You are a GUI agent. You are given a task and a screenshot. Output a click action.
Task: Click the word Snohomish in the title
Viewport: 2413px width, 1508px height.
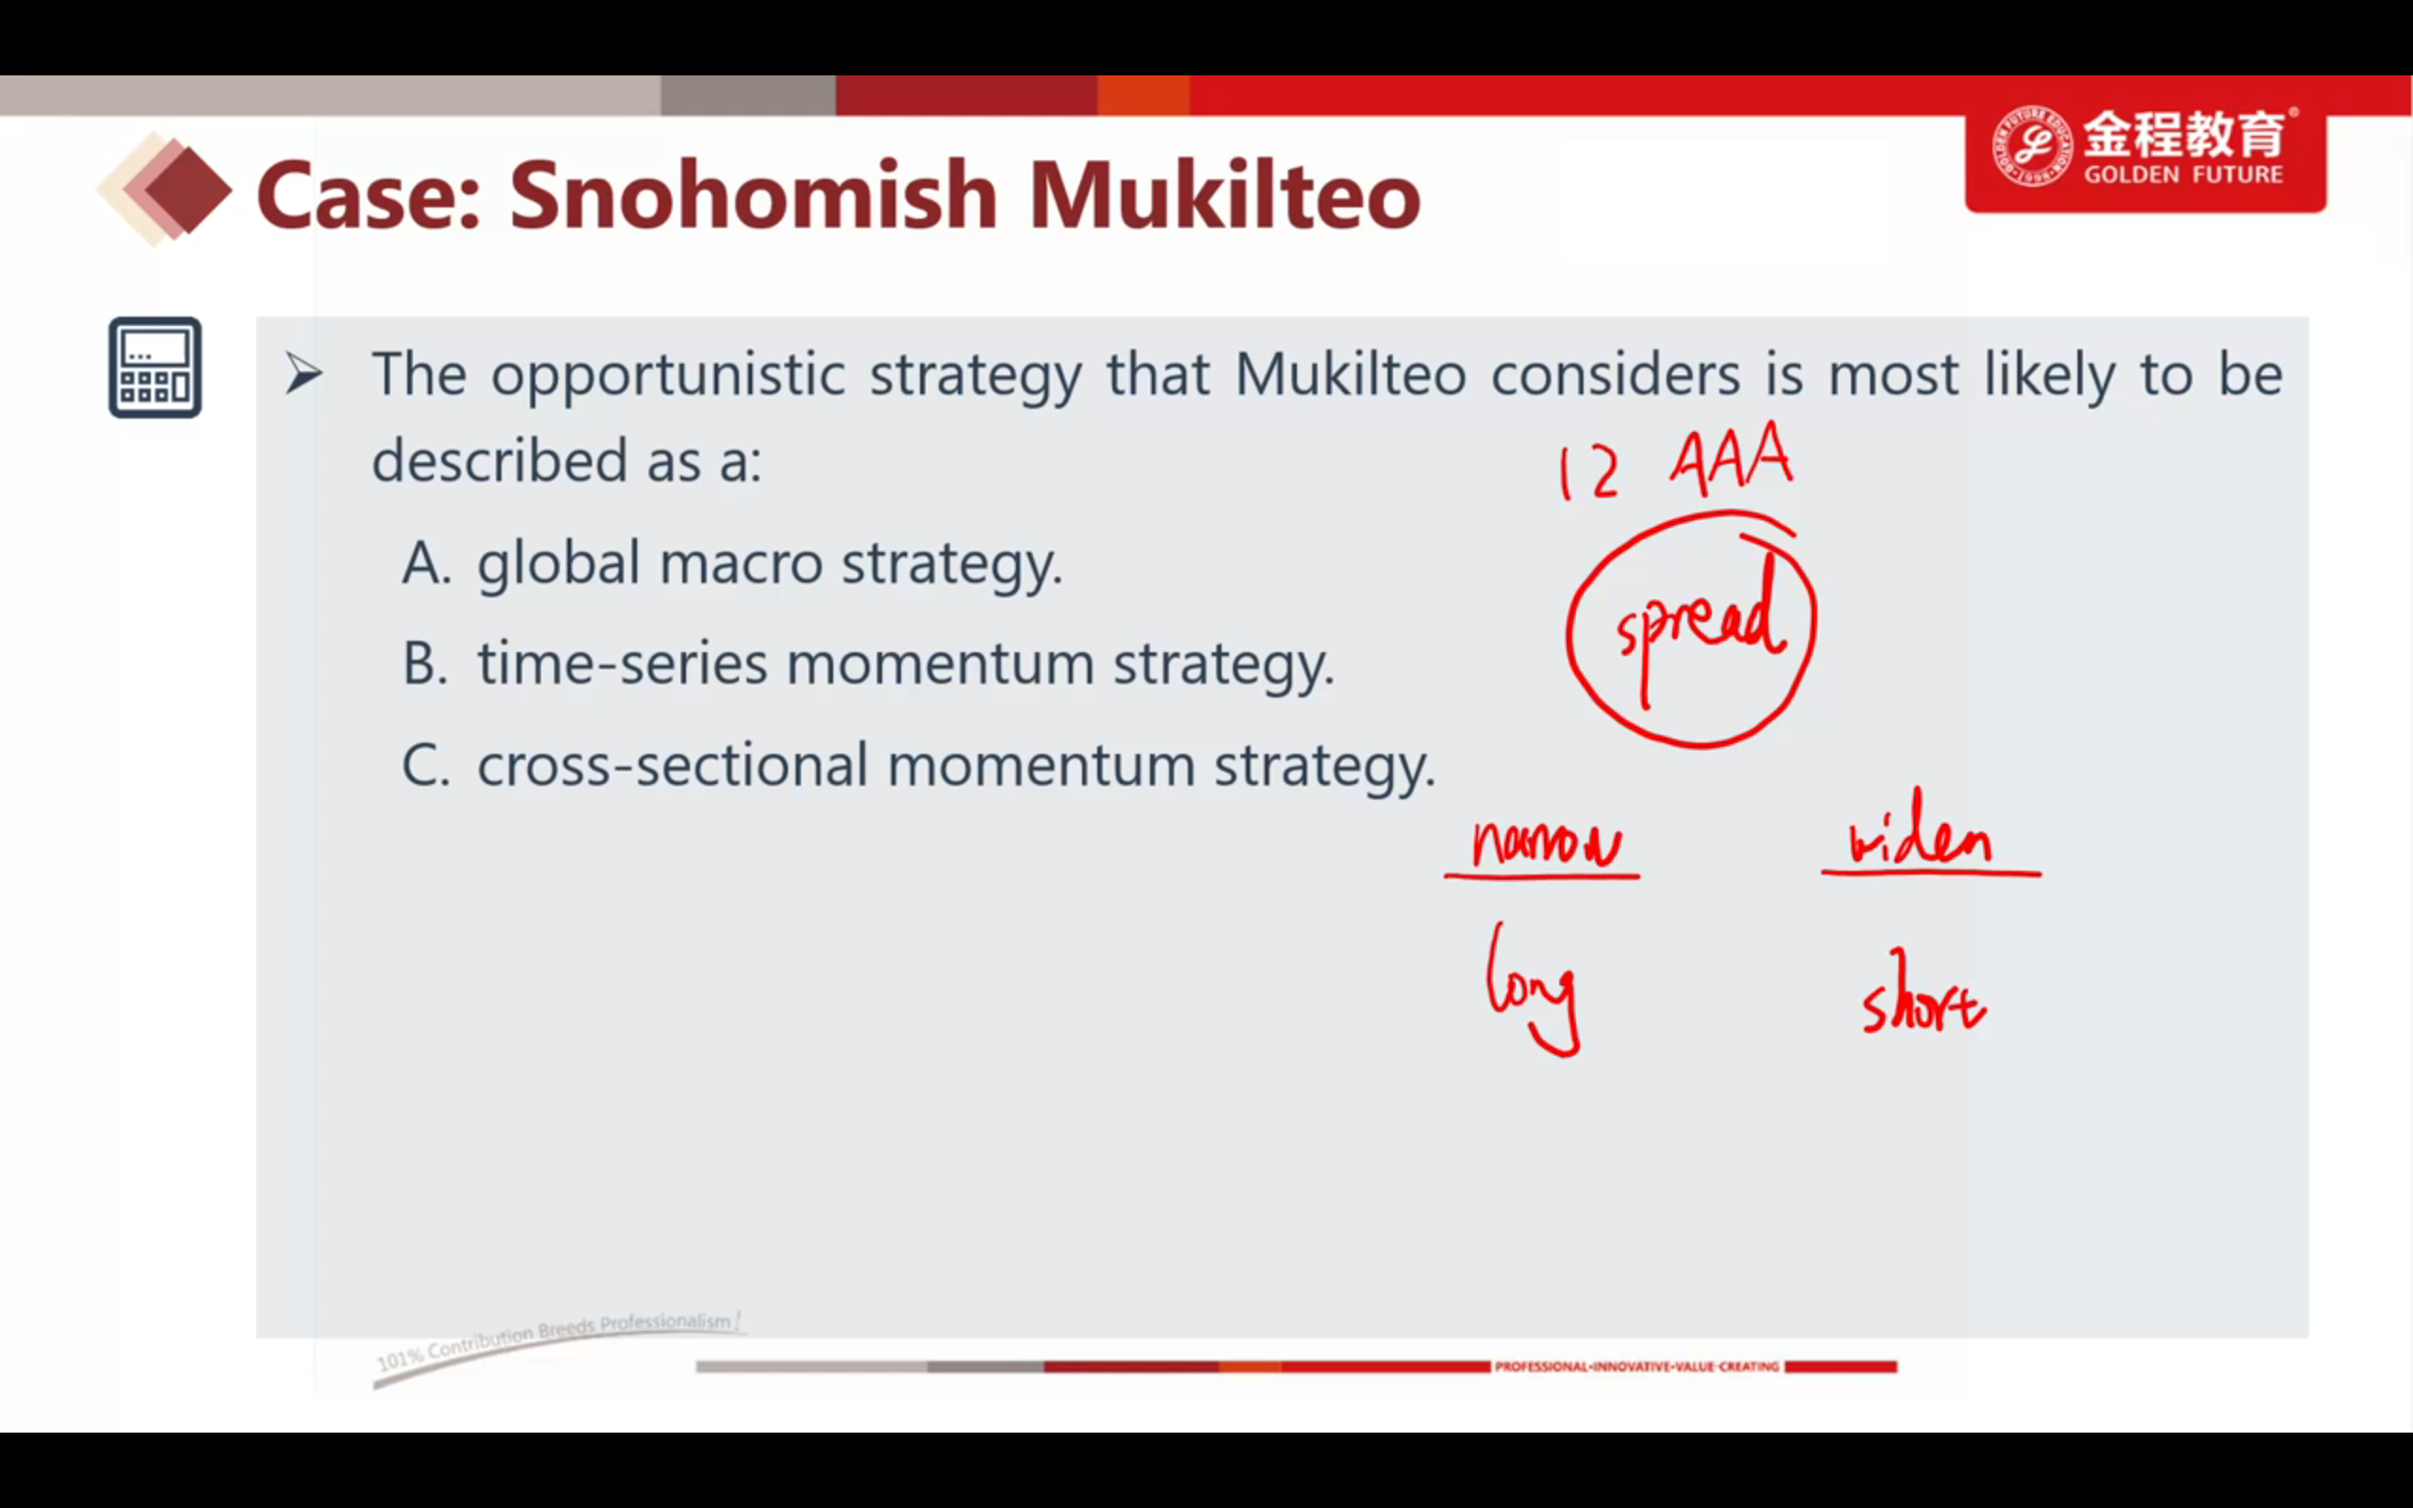(753, 195)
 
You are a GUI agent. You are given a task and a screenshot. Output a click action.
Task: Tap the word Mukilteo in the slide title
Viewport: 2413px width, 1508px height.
(1224, 195)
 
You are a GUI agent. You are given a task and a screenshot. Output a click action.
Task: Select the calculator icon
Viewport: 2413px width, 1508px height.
(155, 367)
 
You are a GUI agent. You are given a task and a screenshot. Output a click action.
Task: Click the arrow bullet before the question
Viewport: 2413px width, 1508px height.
(304, 374)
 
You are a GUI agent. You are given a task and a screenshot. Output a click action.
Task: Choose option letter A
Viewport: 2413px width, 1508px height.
(427, 564)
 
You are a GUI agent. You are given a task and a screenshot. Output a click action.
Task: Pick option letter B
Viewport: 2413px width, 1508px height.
(426, 664)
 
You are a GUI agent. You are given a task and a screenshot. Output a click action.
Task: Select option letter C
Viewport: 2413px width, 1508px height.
(426, 766)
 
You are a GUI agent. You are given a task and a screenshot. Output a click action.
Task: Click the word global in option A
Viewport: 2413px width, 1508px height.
(558, 565)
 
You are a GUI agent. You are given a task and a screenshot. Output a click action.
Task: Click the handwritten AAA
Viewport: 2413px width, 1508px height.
(1731, 458)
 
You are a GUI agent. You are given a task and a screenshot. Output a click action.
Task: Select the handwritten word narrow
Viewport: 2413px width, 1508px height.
(1548, 844)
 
